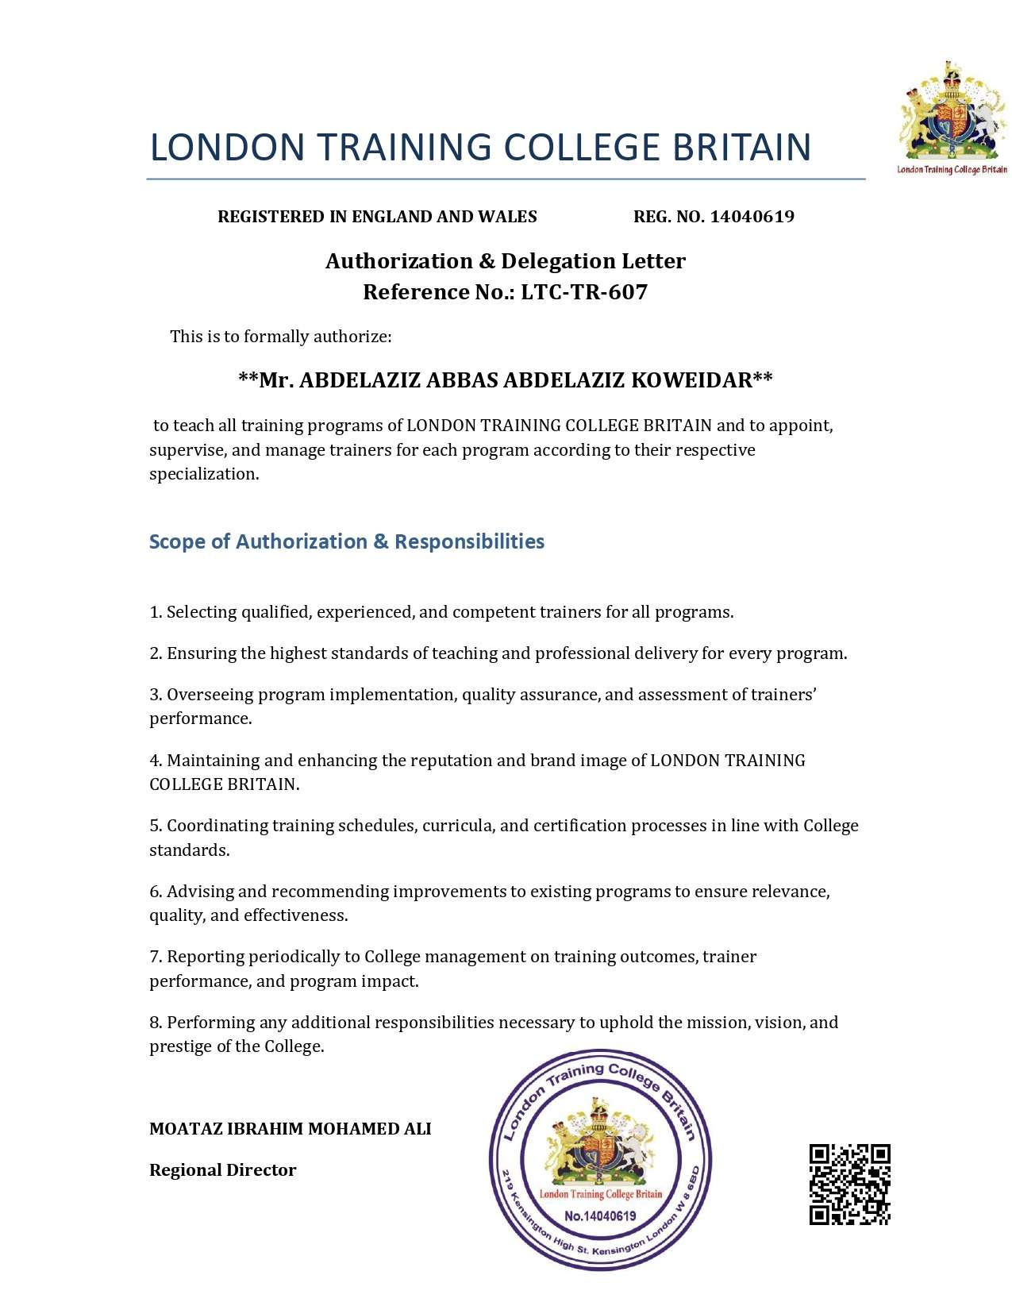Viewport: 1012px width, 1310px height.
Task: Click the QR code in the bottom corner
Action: [x=849, y=1184]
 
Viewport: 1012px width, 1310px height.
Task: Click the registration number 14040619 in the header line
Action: [x=752, y=217]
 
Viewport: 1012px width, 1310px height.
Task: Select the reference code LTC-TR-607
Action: [x=584, y=292]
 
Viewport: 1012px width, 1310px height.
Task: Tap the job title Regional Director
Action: [x=222, y=1169]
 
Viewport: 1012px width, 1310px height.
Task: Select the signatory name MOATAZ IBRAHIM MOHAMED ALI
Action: [x=290, y=1128]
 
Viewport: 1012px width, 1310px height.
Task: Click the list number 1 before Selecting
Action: [x=155, y=612]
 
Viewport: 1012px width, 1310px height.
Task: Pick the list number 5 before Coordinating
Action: [x=155, y=826]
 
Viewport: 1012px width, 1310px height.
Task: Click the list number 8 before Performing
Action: [x=155, y=1023]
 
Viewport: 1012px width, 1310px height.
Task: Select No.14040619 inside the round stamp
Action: [x=600, y=1216]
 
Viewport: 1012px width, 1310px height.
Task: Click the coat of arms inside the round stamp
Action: [x=600, y=1142]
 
